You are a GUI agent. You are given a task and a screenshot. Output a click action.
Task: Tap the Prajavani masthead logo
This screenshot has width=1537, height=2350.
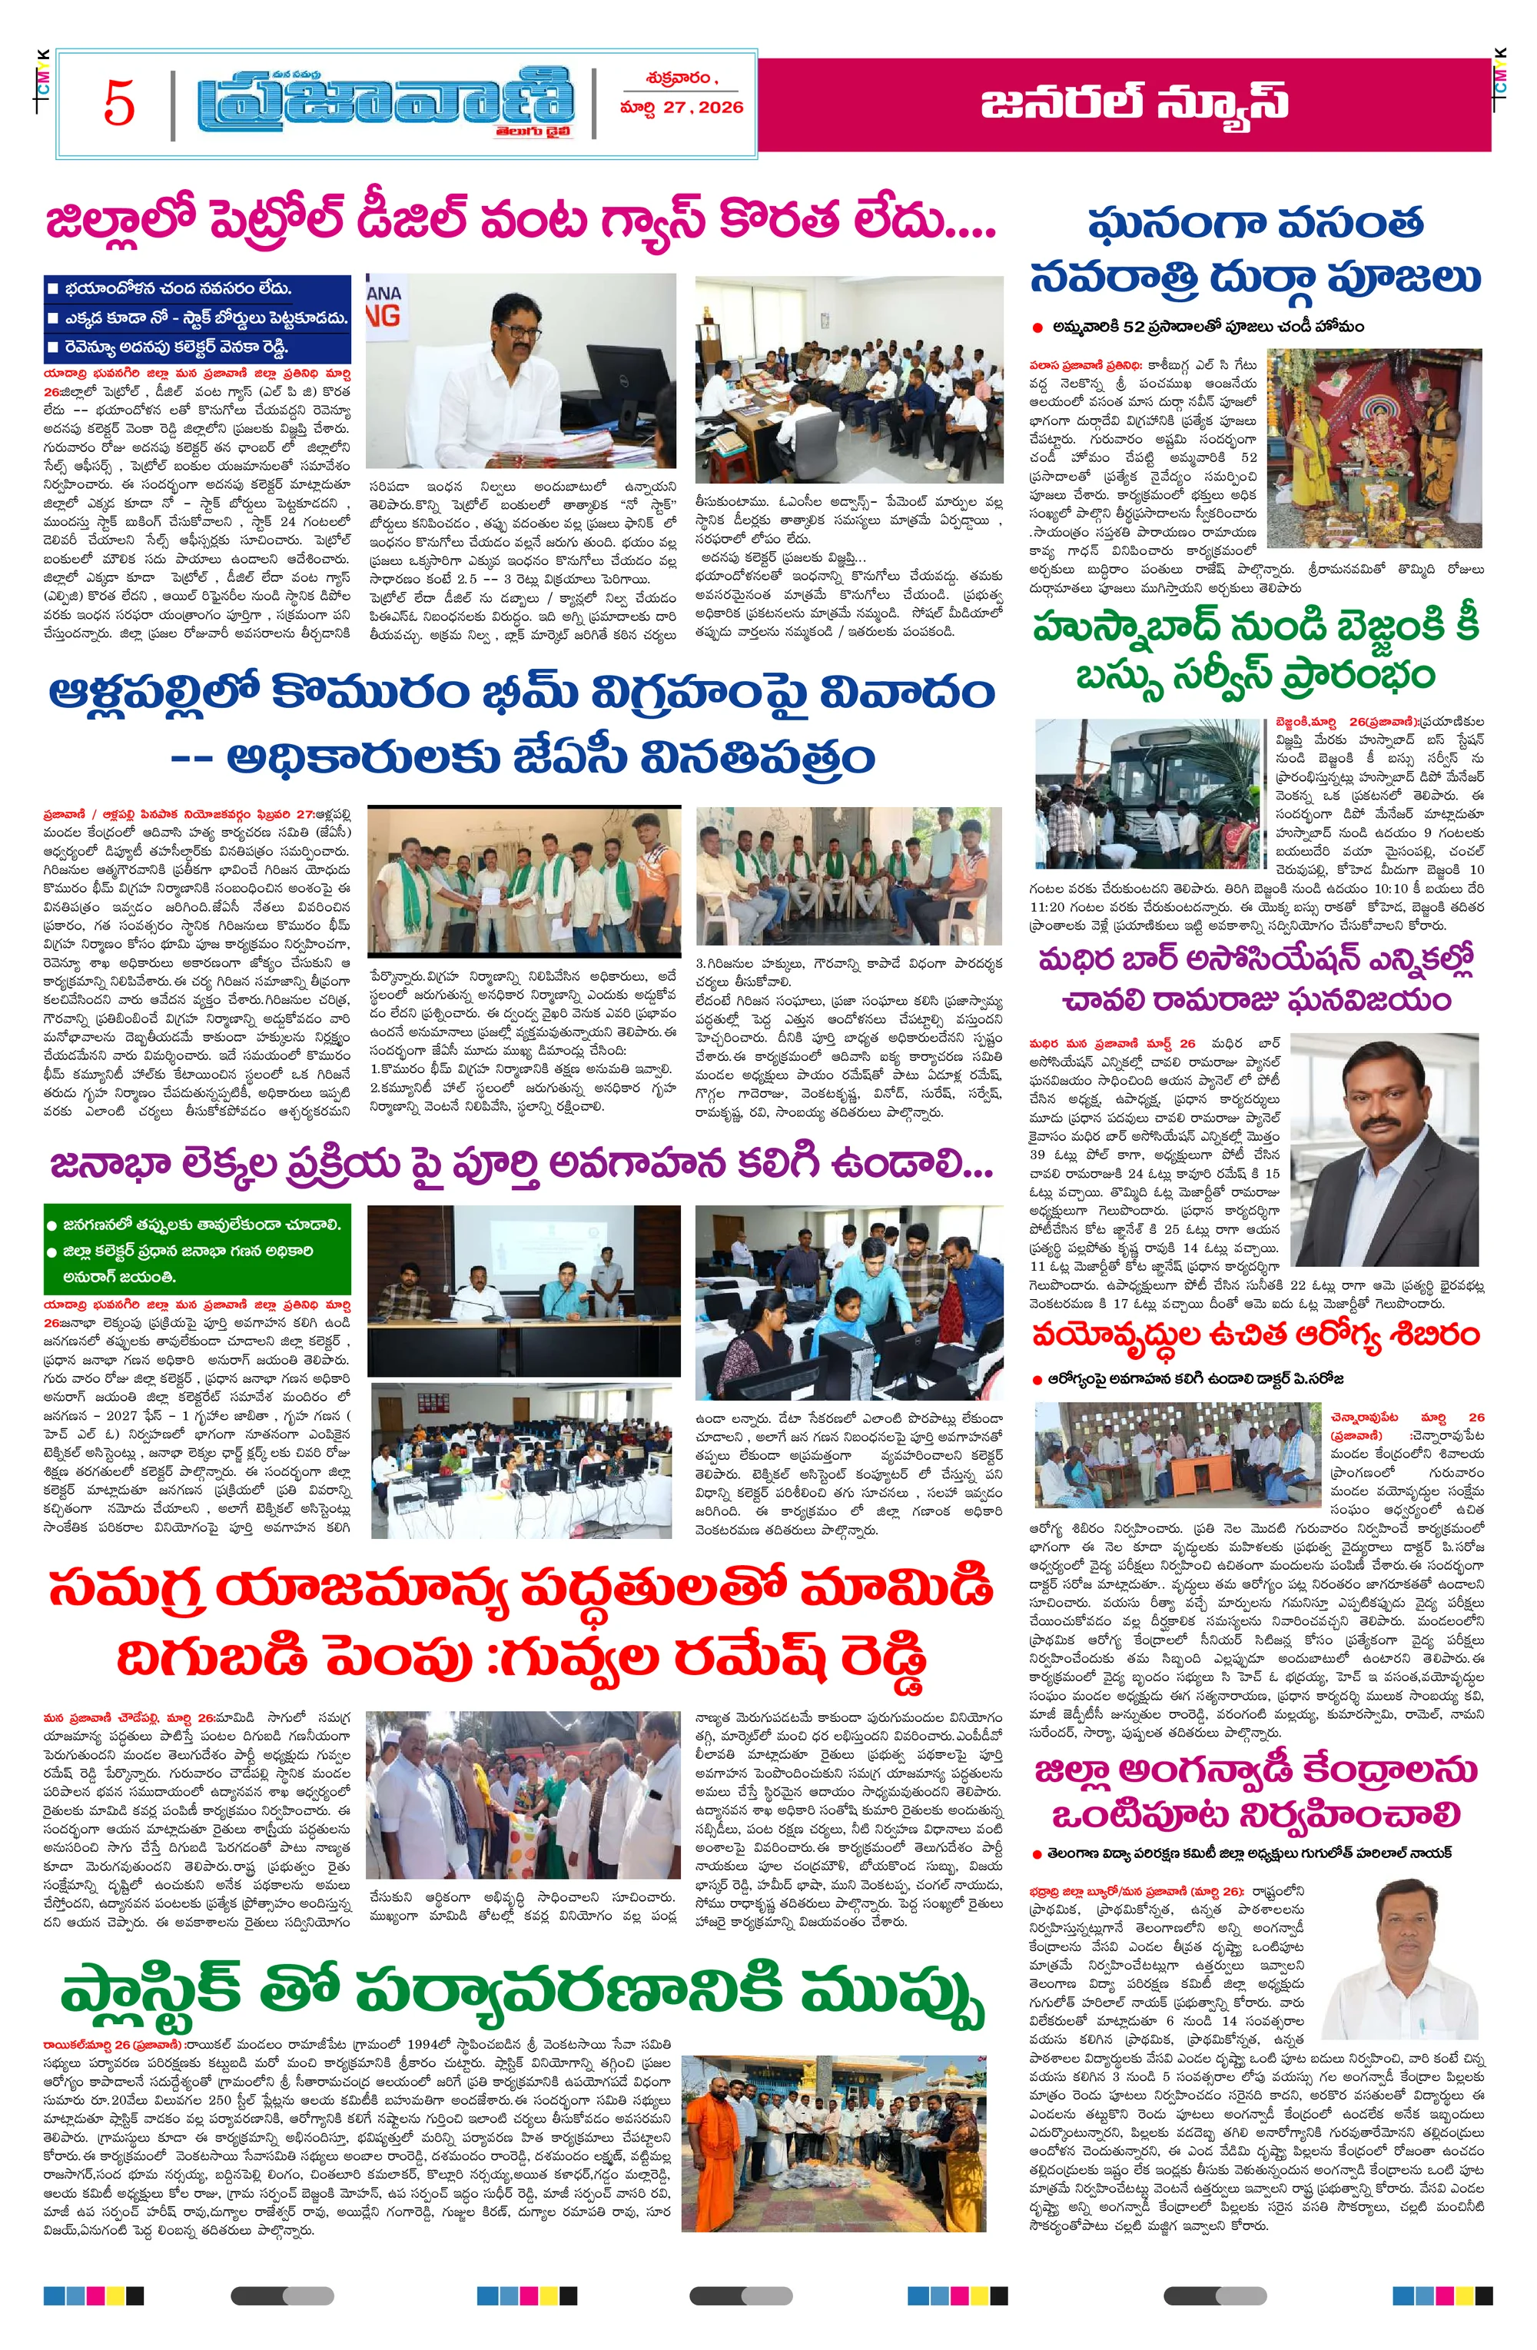(x=385, y=101)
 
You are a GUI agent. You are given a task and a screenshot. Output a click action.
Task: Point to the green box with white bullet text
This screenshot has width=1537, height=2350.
(x=198, y=1250)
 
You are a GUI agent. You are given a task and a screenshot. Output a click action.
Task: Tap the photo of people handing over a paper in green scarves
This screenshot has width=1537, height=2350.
(x=523, y=876)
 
